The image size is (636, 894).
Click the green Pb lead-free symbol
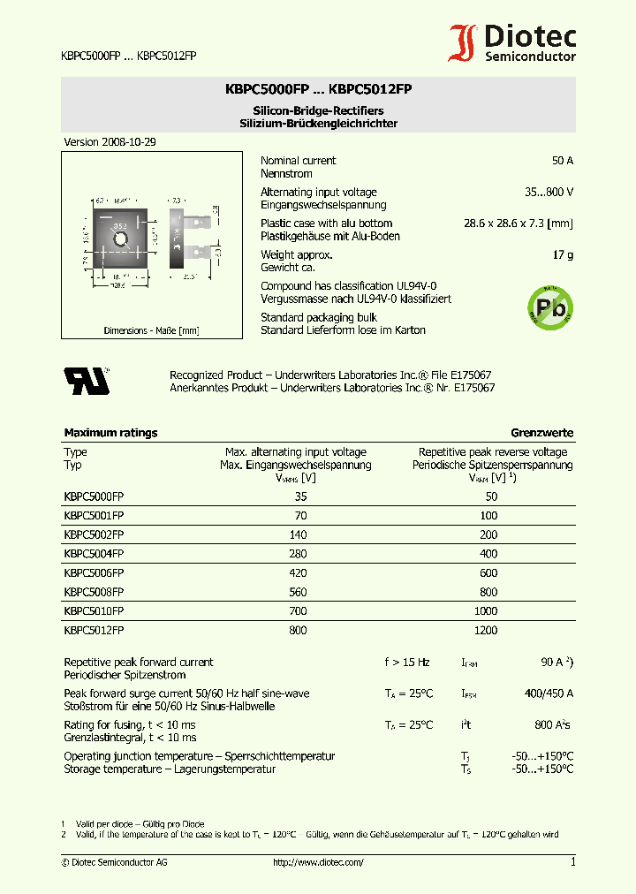pos(549,307)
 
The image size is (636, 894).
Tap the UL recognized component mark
pos(86,380)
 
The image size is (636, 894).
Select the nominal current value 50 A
pos(562,161)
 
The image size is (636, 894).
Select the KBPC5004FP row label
pos(94,554)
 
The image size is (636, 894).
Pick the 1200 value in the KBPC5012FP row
pos(487,631)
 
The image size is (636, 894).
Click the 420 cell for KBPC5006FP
pos(298,573)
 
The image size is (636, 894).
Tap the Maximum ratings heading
pos(110,433)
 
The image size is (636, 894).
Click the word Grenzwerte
pos(541,433)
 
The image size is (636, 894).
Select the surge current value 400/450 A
pos(549,693)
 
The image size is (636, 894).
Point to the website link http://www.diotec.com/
pos(318,862)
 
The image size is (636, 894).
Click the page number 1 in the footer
pos(572,862)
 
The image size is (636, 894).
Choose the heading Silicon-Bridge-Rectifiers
pos(318,110)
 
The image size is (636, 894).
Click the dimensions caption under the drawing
pos(151,330)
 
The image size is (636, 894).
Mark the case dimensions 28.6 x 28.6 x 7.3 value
pos(519,223)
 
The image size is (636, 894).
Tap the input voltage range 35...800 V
pos(549,192)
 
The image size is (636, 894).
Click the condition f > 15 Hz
pos(407,663)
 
